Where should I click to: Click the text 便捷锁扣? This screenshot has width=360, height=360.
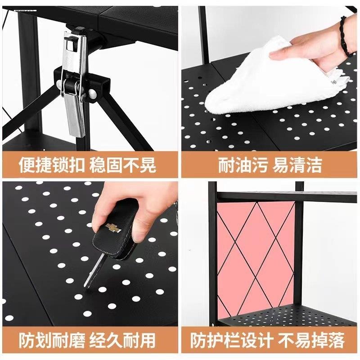tap(51, 165)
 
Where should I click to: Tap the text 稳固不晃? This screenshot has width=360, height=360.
tap(124, 165)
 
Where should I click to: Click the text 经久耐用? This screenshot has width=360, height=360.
tap(124, 339)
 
